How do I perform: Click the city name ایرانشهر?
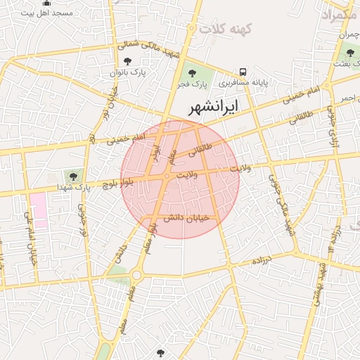click(x=215, y=107)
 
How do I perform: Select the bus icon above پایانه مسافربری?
click(x=243, y=71)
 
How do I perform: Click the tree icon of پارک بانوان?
click(x=127, y=63)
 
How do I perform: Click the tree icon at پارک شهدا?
click(x=73, y=174)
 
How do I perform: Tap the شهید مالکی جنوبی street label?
click(x=280, y=196)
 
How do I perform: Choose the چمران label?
click(x=348, y=35)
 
